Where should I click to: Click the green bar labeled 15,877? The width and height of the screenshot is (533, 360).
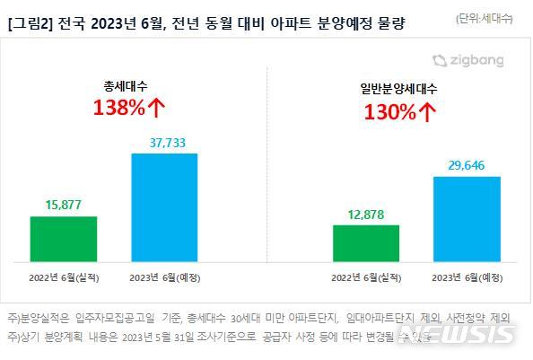click(x=63, y=236)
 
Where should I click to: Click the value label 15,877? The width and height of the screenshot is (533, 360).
click(x=63, y=205)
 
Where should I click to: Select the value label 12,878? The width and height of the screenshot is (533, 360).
click(x=365, y=214)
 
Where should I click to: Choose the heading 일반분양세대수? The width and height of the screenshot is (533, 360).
click(x=397, y=89)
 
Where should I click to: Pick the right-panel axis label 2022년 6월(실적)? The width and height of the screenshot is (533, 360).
click(x=365, y=278)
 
